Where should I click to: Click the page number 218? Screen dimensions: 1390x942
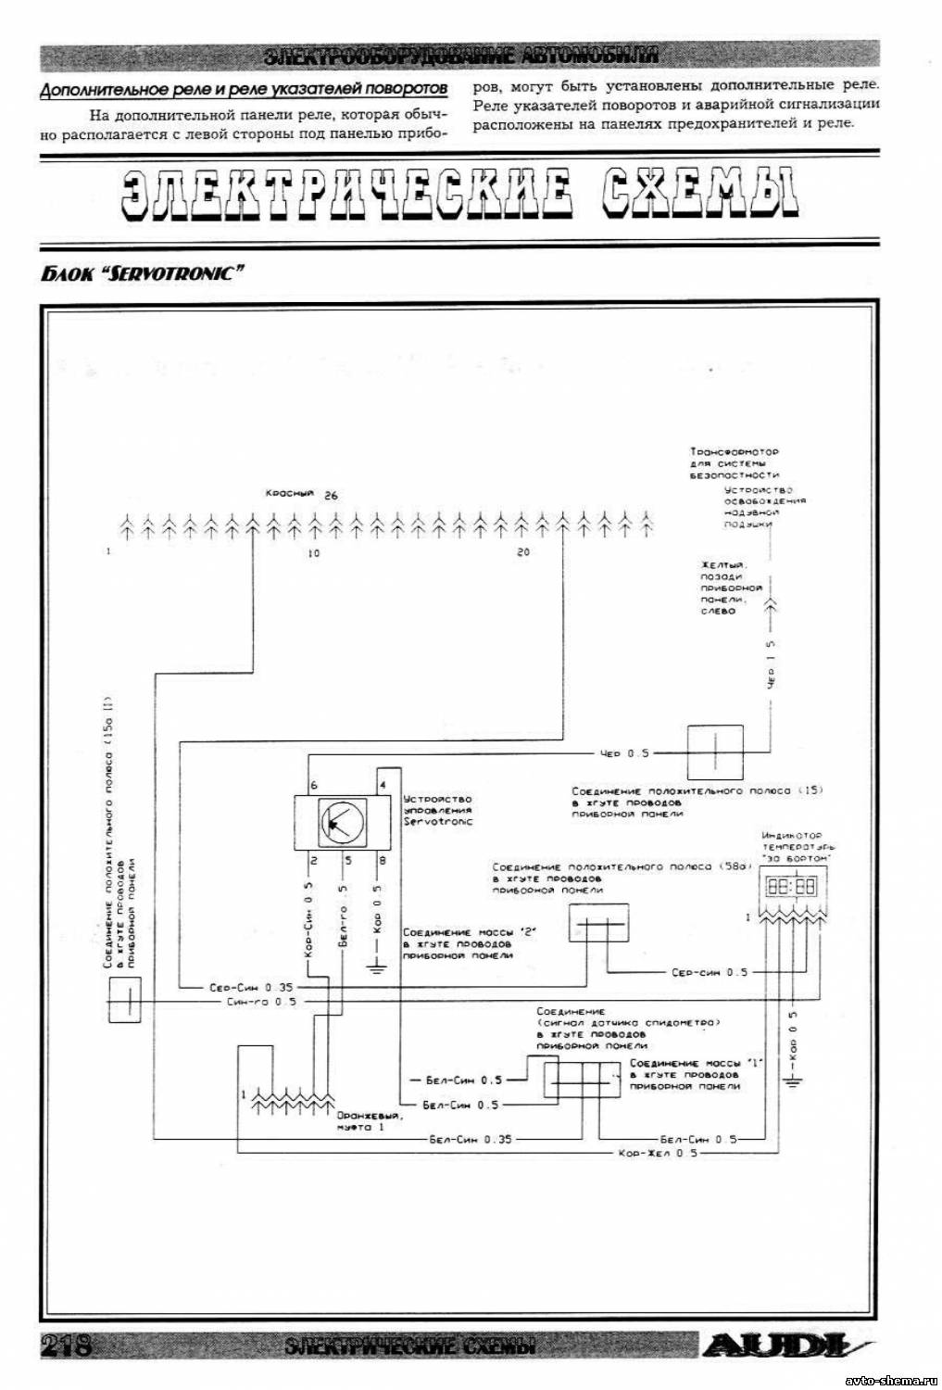[65, 1345]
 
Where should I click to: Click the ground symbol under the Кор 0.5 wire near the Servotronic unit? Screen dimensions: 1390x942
[376, 970]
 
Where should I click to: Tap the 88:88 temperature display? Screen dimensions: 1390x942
[790, 887]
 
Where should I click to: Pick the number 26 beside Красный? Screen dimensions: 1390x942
[331, 496]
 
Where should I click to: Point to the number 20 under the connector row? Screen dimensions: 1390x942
[523, 553]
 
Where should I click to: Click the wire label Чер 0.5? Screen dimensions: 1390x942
[624, 753]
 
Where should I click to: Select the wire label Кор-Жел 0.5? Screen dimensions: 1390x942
[659, 1154]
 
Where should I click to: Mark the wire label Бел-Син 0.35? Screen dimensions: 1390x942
[471, 1139]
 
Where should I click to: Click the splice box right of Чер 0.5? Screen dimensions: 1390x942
[714, 752]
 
